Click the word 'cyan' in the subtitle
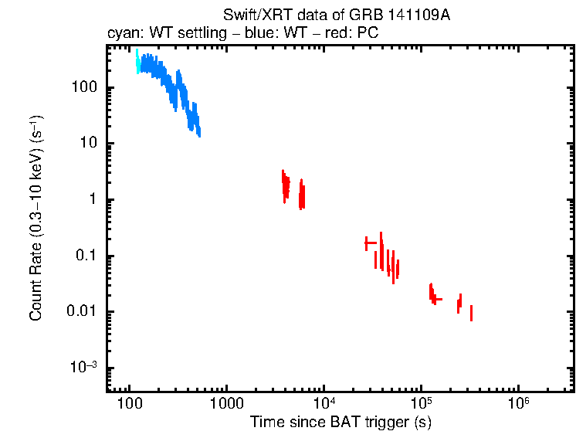pyautogui.click(x=122, y=33)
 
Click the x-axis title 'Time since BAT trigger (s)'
pyautogui.click(x=340, y=421)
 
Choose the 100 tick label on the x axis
pyautogui.click(x=129, y=404)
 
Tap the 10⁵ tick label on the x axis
pyautogui.click(x=421, y=402)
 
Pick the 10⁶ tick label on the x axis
pyautogui.click(x=518, y=402)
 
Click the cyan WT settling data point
pyautogui.click(x=137, y=62)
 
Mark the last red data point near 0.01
pyautogui.click(x=471, y=313)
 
